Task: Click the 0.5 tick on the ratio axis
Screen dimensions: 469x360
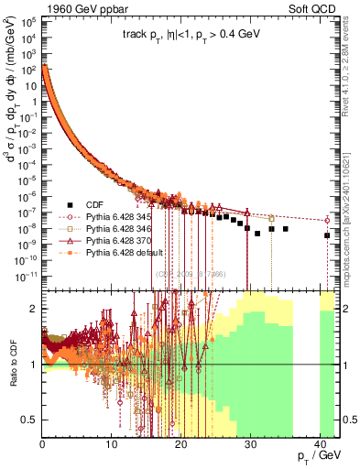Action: tap(29, 420)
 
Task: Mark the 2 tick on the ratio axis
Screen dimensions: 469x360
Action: tap(34, 309)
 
